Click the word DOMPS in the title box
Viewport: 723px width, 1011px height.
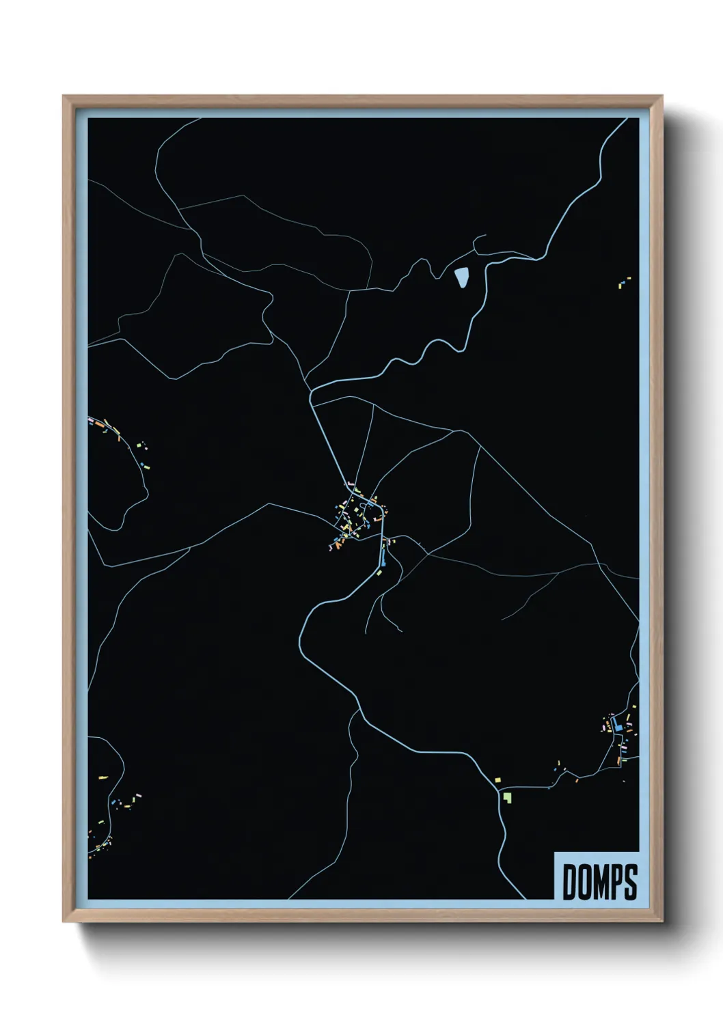(599, 882)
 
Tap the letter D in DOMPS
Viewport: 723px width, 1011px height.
(570, 882)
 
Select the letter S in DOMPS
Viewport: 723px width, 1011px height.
(629, 882)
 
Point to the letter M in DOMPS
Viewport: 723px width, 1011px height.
(599, 882)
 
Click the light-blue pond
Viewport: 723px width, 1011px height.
(461, 277)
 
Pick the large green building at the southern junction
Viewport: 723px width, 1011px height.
(507, 796)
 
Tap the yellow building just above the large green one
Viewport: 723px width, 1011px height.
(497, 779)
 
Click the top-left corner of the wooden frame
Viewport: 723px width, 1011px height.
(64, 97)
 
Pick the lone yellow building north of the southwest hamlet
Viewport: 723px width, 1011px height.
(103, 777)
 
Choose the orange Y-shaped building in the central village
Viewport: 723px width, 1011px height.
(338, 544)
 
